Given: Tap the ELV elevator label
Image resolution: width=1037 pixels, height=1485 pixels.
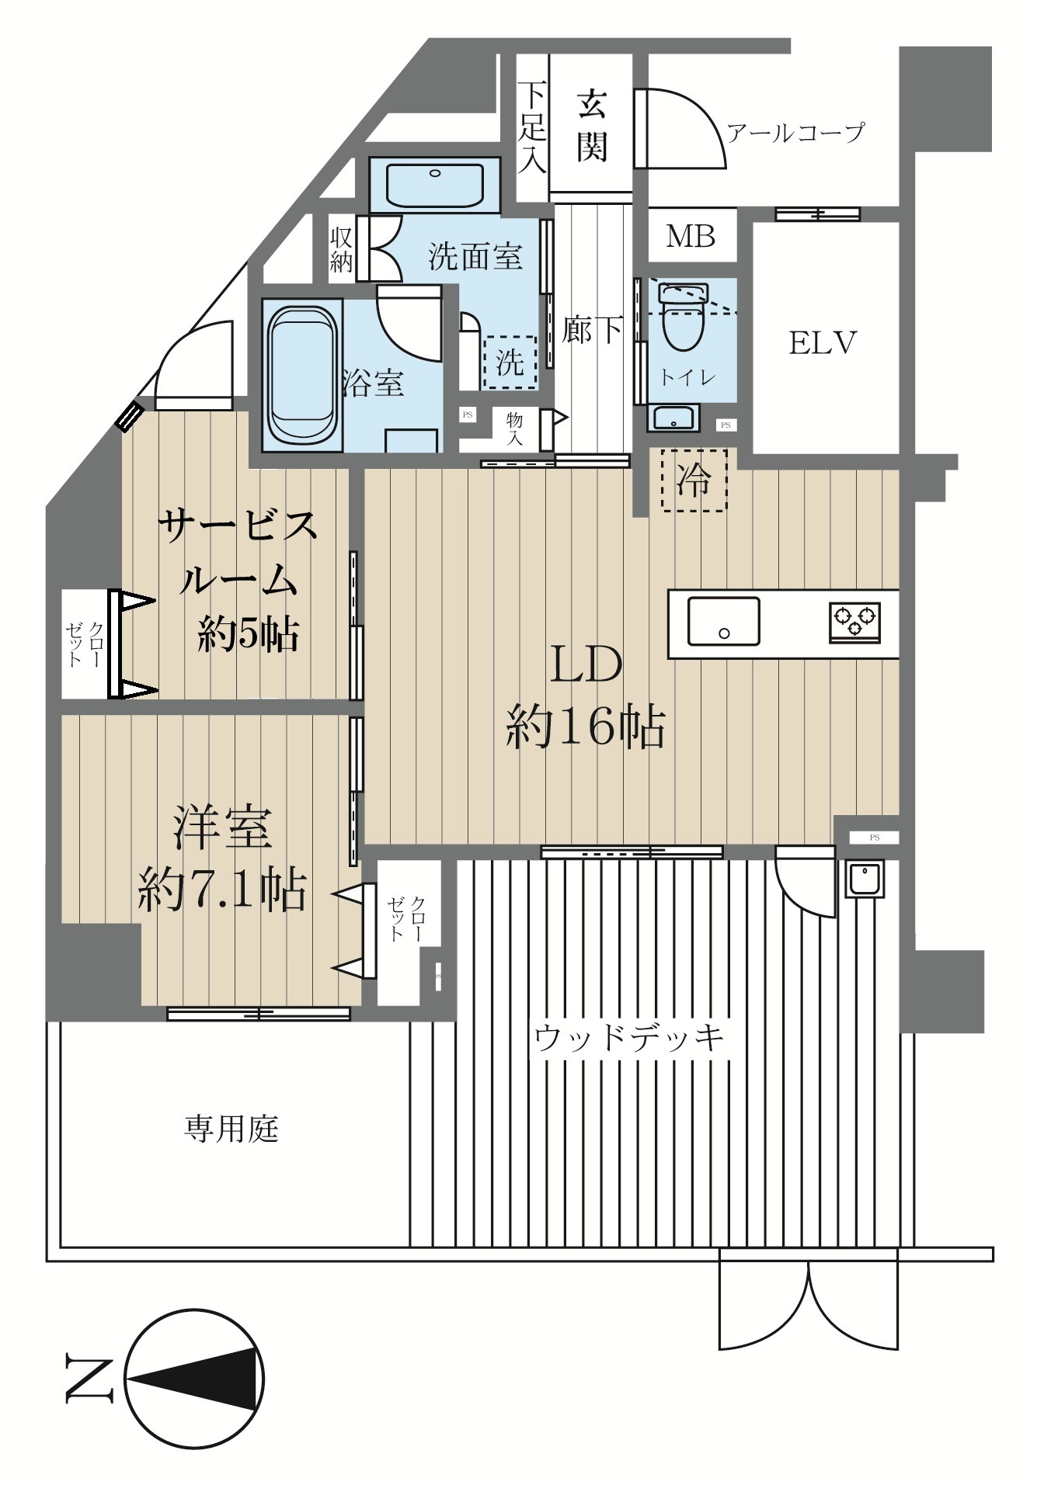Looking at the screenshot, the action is coord(823,342).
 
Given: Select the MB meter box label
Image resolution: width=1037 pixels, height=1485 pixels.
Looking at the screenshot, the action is coord(691,236).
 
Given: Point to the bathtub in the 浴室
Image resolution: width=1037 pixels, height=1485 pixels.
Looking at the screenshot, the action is coord(304,374).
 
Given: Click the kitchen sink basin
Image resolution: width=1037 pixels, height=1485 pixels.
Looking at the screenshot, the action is coord(724,621).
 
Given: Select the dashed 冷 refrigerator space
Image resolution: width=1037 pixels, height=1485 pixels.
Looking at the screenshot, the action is coord(694,480).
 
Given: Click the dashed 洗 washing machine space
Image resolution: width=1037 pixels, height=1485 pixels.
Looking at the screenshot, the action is coord(510,362).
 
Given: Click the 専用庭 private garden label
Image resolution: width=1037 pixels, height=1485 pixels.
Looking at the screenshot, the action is coord(231,1128).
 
